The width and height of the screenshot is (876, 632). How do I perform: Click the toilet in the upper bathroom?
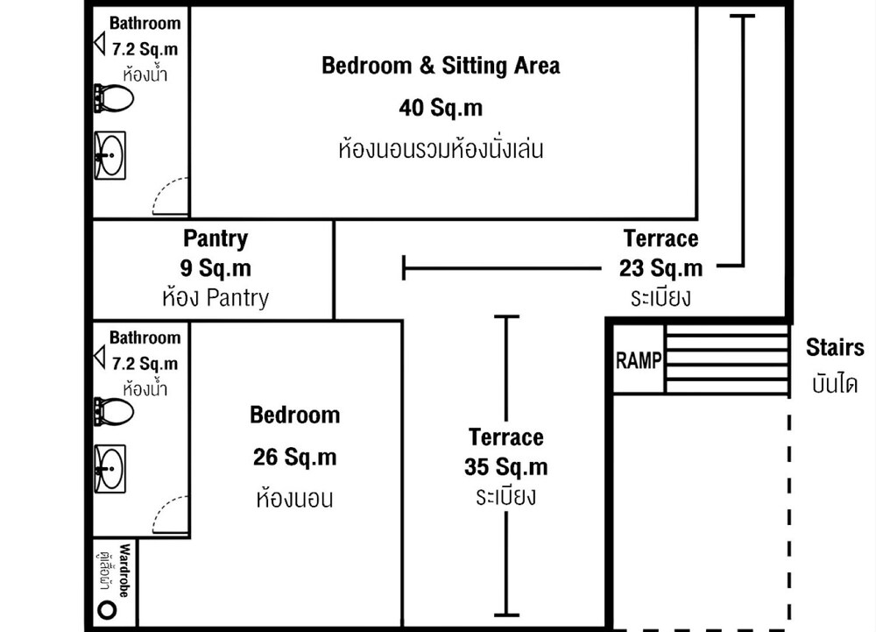tap(114, 98)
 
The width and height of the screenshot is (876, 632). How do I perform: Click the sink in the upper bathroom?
tap(110, 155)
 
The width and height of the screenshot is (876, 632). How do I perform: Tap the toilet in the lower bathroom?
tap(114, 412)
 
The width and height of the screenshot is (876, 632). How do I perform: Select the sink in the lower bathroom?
tap(110, 469)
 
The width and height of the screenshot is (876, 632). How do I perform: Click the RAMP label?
tap(639, 360)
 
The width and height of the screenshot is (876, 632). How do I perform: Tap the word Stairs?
tap(835, 348)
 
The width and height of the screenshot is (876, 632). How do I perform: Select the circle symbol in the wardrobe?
tap(107, 609)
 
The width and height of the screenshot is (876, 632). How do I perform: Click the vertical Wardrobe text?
tap(124, 571)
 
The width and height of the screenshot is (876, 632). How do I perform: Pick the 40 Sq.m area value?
tap(441, 107)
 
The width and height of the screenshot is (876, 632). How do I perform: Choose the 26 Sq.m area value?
tap(295, 457)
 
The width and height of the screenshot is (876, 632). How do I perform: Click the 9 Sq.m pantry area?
tap(215, 267)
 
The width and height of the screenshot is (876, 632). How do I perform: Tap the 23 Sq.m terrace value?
tap(661, 268)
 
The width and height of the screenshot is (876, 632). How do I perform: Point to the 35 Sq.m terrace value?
tap(506, 466)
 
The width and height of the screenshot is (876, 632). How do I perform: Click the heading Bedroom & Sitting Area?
tap(441, 66)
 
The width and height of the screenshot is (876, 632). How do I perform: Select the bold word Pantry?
tap(215, 238)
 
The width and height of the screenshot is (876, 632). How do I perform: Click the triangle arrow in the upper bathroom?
tap(100, 43)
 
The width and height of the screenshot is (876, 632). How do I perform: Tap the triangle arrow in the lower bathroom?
tap(100, 357)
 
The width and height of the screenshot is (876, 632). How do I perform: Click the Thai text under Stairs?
tap(835, 384)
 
